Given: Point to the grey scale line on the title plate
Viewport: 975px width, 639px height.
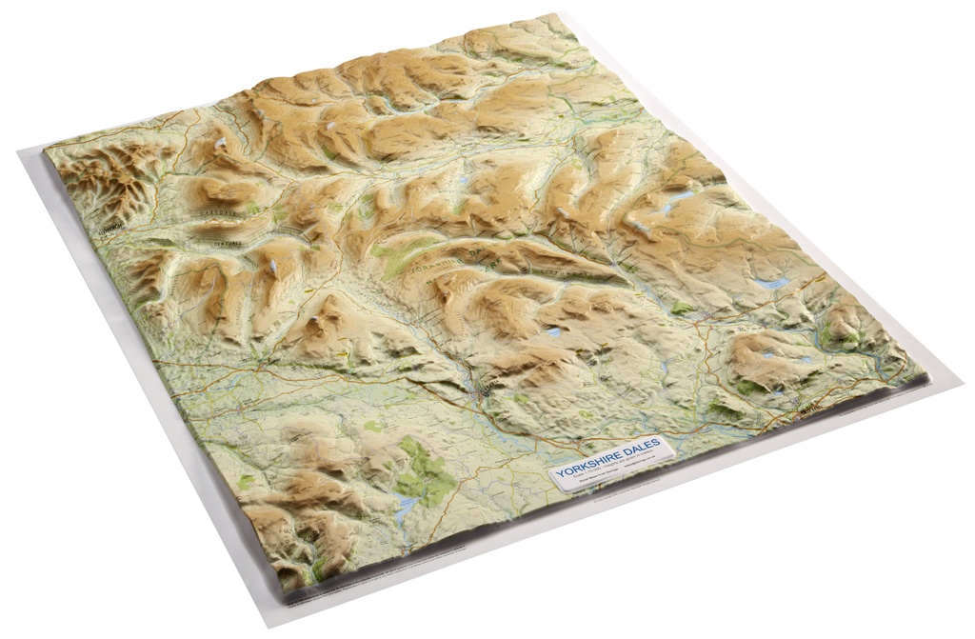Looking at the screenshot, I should pos(609,470).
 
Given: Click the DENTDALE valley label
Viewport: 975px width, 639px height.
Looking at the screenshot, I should pos(224,244).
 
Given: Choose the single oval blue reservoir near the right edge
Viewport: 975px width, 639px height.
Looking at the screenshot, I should pos(773,283).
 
